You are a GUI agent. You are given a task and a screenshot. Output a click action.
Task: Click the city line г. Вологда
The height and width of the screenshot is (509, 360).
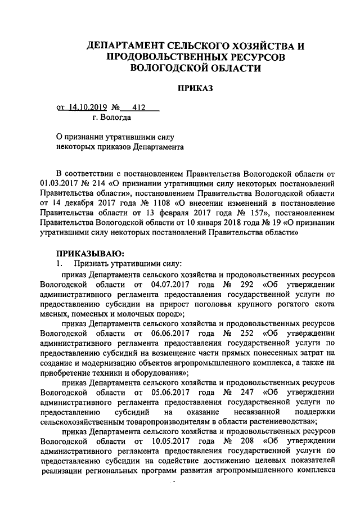pos(112,118)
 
